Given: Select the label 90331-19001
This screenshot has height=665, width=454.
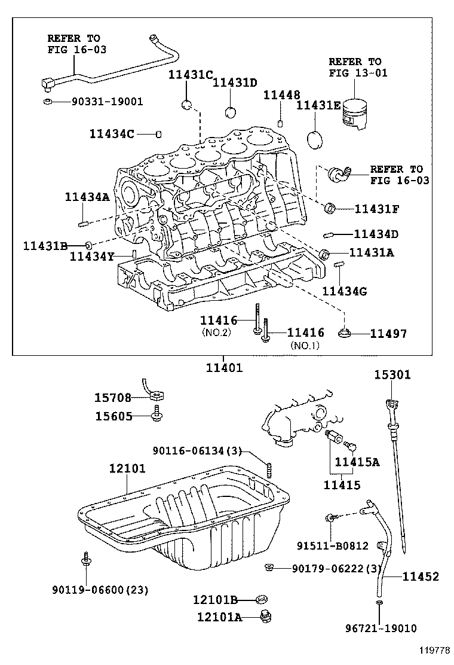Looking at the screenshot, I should pyautogui.click(x=107, y=102).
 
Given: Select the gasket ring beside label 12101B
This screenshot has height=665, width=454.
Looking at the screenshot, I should pyautogui.click(x=260, y=599).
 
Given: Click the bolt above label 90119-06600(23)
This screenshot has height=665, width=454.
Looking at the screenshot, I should pyautogui.click(x=87, y=560).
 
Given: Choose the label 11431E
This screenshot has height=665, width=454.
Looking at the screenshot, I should pyautogui.click(x=318, y=105).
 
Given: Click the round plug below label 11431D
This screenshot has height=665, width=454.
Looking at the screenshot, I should pyautogui.click(x=232, y=112).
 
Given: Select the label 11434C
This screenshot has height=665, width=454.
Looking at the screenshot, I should pyautogui.click(x=119, y=134).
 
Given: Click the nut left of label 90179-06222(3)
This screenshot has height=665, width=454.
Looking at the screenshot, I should pyautogui.click(x=269, y=566).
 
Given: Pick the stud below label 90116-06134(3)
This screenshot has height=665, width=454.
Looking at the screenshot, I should pyautogui.click(x=269, y=471).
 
